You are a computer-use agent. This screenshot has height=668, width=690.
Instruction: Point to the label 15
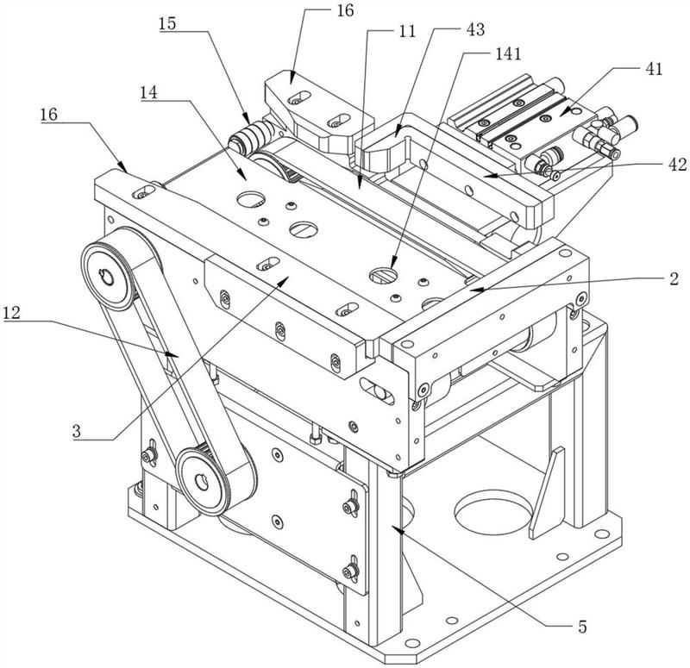pos(168,22)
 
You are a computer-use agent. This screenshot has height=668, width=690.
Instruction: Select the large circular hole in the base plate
pos(490,516)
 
